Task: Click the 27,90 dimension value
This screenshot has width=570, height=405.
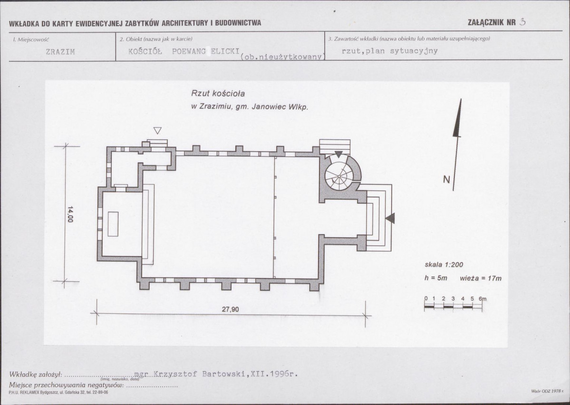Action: [x=231, y=309]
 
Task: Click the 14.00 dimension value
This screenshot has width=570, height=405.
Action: [x=70, y=214]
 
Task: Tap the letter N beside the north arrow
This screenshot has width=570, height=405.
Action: [x=446, y=179]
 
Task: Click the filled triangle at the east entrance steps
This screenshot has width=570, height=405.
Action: [x=390, y=218]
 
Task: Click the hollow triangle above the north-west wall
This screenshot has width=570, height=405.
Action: [x=157, y=130]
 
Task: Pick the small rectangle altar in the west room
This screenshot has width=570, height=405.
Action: [x=113, y=224]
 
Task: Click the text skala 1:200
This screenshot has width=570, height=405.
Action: [x=444, y=265]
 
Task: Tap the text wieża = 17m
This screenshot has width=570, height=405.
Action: [x=481, y=278]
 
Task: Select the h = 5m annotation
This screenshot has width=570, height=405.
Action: [x=436, y=278]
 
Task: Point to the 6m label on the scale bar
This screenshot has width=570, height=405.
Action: [x=483, y=299]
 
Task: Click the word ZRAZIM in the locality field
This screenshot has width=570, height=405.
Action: [x=60, y=52]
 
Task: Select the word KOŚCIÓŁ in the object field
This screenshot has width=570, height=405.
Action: [x=145, y=51]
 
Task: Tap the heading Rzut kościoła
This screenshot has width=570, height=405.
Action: [x=218, y=94]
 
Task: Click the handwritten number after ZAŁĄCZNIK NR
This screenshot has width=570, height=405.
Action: [x=522, y=22]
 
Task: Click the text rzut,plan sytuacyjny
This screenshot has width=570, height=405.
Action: [x=390, y=51]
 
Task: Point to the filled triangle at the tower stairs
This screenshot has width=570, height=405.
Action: [x=338, y=155]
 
